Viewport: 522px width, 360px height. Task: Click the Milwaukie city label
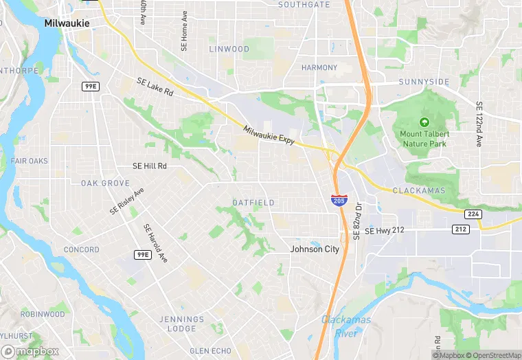66,23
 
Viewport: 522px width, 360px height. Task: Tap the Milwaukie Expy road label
269,135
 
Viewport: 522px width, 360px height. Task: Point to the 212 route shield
460,229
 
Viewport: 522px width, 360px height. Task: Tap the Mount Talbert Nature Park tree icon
424,121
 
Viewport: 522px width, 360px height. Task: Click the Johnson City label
315,249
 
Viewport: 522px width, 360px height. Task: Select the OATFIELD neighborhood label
253,203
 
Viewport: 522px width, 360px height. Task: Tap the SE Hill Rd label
150,166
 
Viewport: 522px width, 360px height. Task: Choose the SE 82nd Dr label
357,221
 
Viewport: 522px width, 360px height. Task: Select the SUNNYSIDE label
424,82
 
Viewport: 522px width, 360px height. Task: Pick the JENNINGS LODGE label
182,324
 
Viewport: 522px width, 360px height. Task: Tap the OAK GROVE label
105,183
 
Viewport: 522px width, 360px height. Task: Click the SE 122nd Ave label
479,124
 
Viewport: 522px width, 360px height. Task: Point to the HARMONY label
319,67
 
